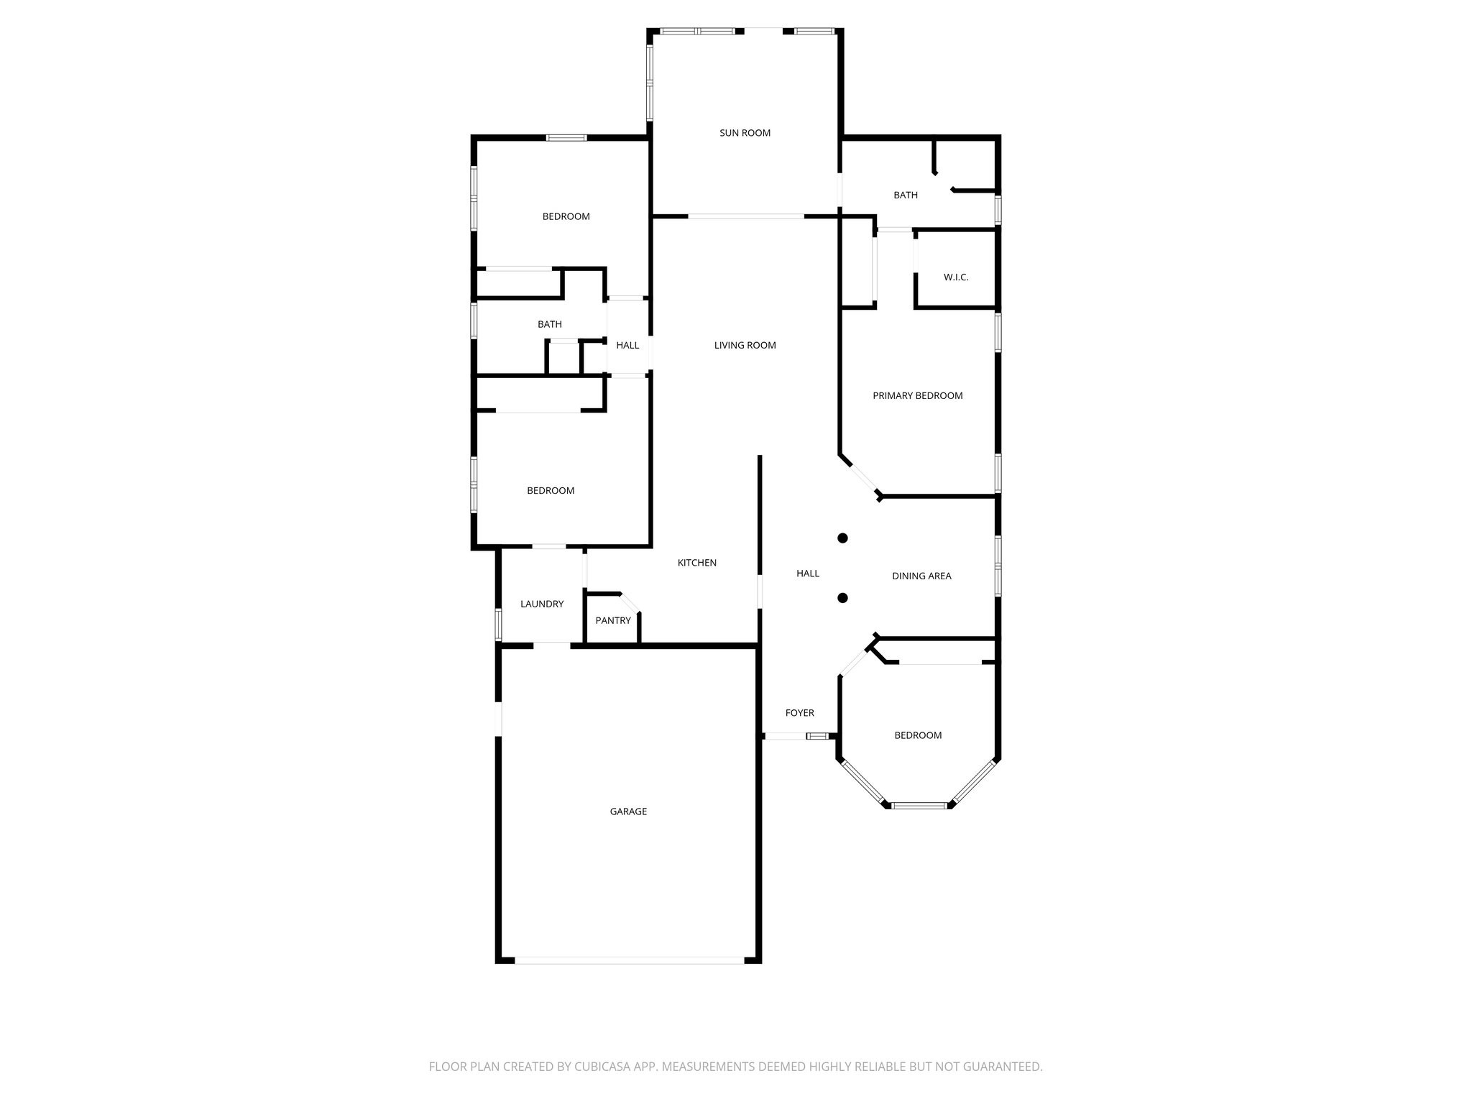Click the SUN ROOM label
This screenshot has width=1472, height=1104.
745,133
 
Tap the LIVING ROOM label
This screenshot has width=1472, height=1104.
745,345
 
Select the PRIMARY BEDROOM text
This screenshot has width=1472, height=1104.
917,395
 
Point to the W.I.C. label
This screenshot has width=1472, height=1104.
956,277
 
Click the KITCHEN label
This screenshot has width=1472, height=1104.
696,563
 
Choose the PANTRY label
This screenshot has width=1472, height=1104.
612,620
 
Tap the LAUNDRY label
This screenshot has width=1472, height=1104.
542,604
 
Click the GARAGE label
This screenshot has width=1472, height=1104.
628,811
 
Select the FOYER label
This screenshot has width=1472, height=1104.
799,713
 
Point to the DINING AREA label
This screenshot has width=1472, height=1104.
921,576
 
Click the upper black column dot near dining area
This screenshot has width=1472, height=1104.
843,538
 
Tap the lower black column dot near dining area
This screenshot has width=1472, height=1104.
843,597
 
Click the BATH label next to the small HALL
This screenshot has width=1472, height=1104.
550,324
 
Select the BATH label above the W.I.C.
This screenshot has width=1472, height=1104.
905,195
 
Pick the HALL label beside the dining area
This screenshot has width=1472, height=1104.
808,574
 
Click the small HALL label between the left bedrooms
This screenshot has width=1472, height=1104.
627,345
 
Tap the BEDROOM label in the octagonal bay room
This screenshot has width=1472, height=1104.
918,735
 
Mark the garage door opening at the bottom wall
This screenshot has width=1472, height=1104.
630,960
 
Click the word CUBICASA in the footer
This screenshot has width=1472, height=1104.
596,1067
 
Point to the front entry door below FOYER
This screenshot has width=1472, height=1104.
785,736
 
